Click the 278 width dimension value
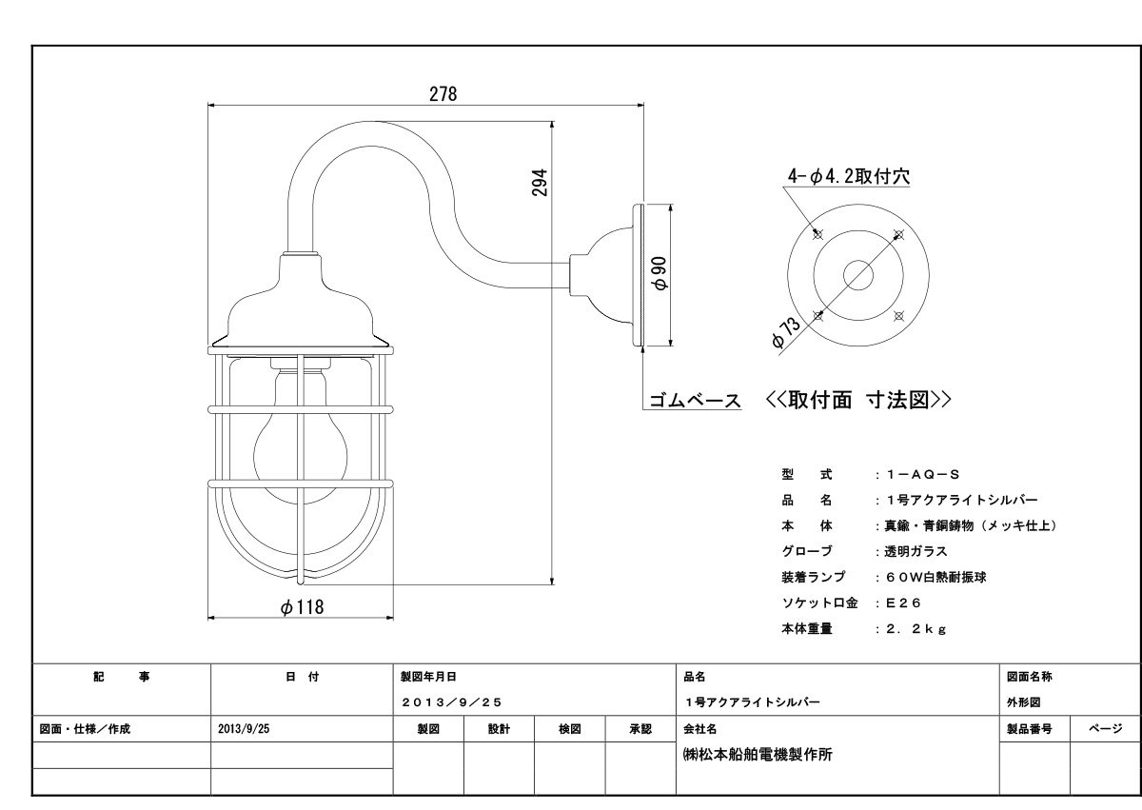pyautogui.click(x=443, y=94)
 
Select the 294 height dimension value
pyautogui.click(x=540, y=183)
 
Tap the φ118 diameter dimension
pyautogui.click(x=303, y=606)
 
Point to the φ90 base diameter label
pyautogui.click(x=660, y=274)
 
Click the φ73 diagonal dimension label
pyautogui.click(x=786, y=333)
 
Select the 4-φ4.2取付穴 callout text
pyautogui.click(x=849, y=176)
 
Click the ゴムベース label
pyautogui.click(x=695, y=400)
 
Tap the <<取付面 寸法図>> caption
pyautogui.click(x=858, y=400)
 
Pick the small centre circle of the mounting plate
pyautogui.click(x=858, y=275)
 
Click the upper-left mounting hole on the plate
pyautogui.click(x=817, y=234)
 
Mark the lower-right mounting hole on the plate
pyautogui.click(x=898, y=316)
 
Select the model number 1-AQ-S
pyautogui.click(x=923, y=475)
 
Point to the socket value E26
pyautogui.click(x=904, y=603)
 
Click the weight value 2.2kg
pyautogui.click(x=916, y=629)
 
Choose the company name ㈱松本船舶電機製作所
pyautogui.click(x=758, y=755)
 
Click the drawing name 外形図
pyautogui.click(x=1024, y=701)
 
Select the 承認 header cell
pyautogui.click(x=640, y=729)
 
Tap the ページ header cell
pyautogui.click(x=1106, y=729)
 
